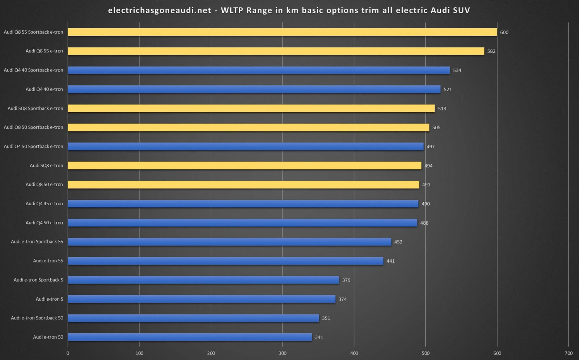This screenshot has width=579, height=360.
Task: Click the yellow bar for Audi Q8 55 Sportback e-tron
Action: click(282, 32)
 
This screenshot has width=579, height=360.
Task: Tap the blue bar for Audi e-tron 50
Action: click(190, 337)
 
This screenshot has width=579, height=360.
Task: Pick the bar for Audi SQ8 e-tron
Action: click(244, 166)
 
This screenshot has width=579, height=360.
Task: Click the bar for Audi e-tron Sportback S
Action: click(203, 280)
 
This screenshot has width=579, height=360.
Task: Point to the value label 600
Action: click(504, 33)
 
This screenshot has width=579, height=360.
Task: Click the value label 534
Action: click(457, 71)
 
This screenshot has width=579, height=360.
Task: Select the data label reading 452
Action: click(398, 242)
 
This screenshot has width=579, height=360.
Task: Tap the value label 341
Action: click(319, 338)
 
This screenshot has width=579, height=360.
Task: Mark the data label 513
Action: click(442, 109)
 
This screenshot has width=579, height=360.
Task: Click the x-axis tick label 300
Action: click(282, 353)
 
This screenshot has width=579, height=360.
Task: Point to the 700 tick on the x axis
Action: click(569, 353)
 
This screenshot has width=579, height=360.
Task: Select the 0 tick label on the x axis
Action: click(68, 353)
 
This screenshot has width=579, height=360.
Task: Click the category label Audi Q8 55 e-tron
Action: click(44, 51)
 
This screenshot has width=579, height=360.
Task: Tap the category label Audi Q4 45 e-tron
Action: click(44, 204)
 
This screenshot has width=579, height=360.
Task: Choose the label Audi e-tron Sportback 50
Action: click(37, 318)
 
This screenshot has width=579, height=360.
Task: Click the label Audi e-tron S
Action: click(49, 299)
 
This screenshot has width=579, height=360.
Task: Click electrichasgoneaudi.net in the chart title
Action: click(160, 10)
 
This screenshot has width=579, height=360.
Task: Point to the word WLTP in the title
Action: click(232, 10)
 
